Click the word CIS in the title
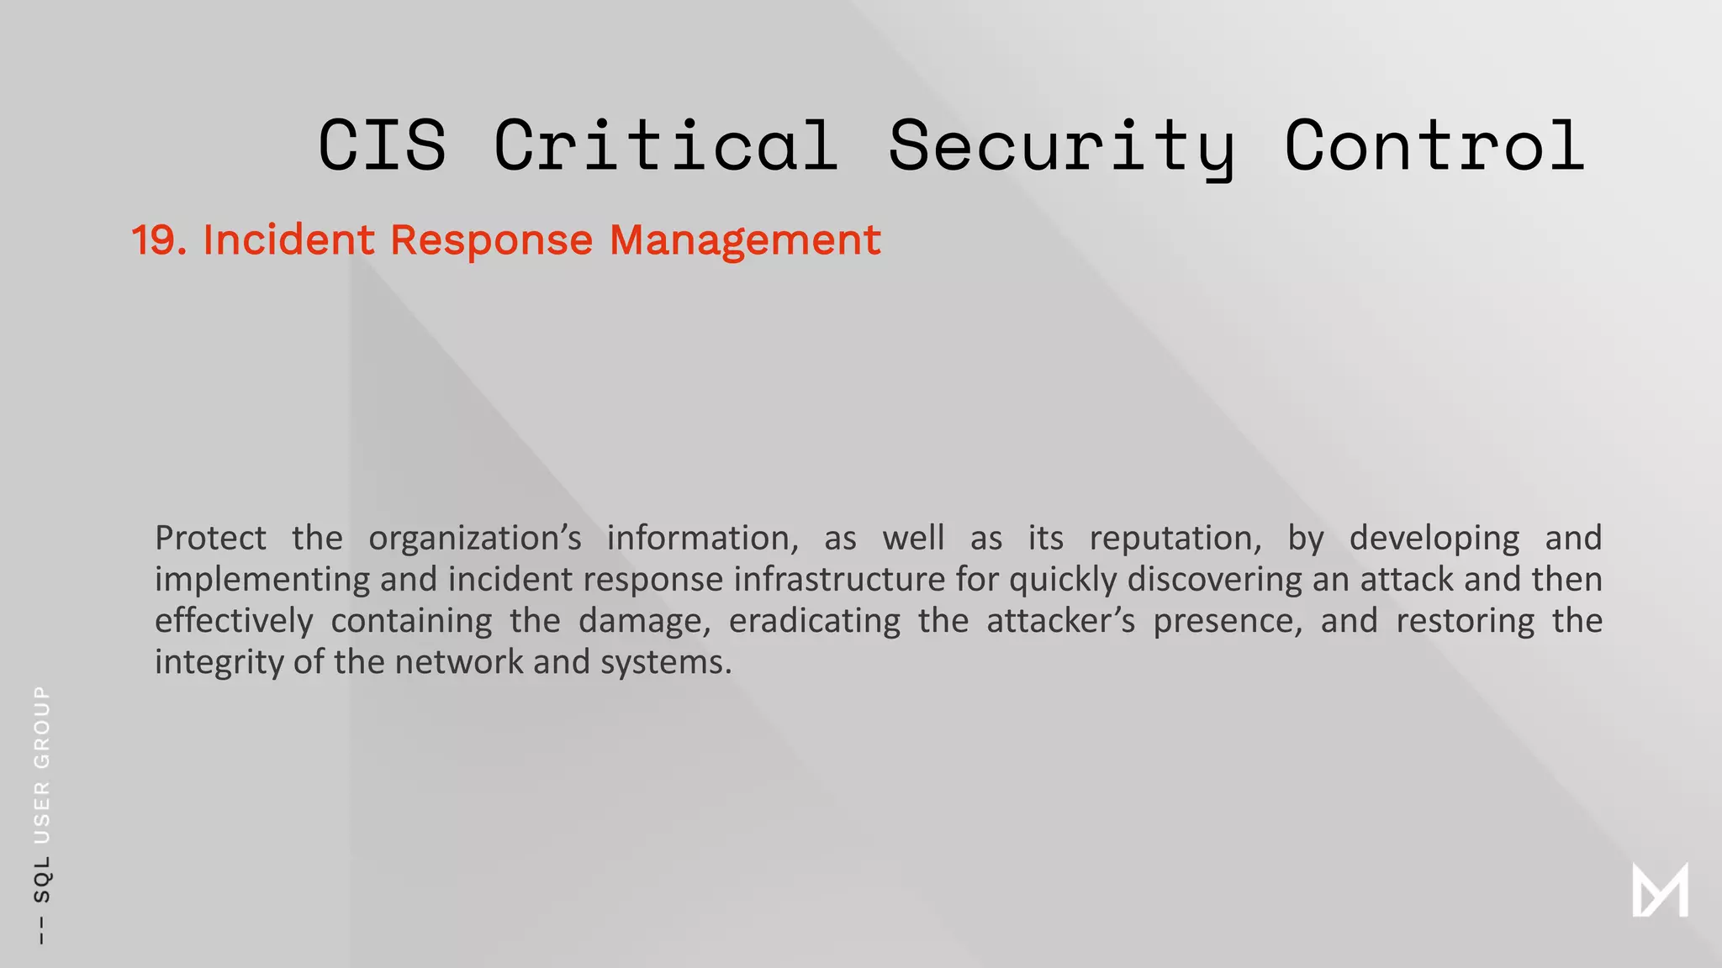click(383, 145)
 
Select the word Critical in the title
click(666, 145)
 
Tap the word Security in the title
click(1062, 146)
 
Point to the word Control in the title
click(1434, 145)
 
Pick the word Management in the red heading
click(745, 240)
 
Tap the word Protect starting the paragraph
click(210, 538)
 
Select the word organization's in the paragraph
click(474, 539)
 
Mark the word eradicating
click(814, 621)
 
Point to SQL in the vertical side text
click(42, 879)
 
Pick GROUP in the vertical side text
click(42, 727)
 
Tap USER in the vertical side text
click(42, 813)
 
